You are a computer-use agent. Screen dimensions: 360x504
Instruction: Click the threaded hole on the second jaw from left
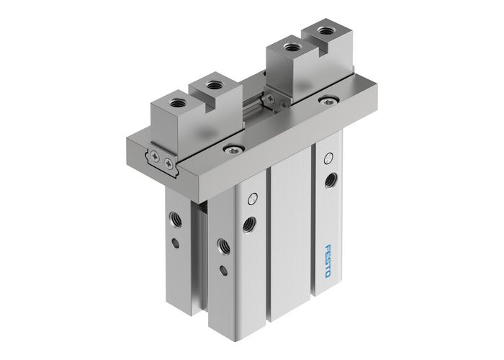click(212, 85)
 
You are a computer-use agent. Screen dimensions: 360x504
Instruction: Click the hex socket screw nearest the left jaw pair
click(230, 149)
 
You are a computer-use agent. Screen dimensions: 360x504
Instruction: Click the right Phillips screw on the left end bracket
click(168, 163)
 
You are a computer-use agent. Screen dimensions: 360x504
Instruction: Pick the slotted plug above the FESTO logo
click(328, 156)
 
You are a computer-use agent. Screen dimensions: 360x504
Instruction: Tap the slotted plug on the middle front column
click(251, 199)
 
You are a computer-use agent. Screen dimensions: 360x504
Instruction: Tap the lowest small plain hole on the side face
click(222, 271)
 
